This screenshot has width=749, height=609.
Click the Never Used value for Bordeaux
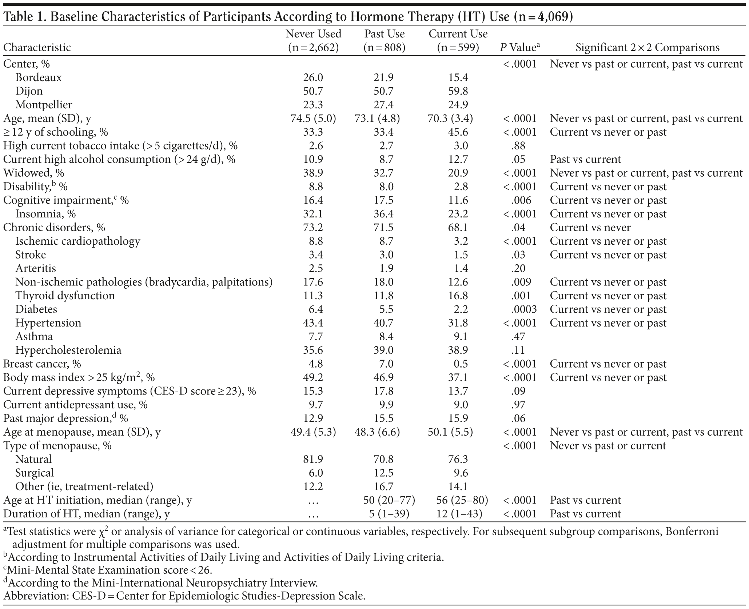point(313,77)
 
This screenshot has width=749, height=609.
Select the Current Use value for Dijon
point(458,91)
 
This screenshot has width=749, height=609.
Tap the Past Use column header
point(384,40)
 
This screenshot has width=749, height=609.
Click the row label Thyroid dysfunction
point(65,296)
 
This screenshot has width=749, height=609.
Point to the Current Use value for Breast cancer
point(458,364)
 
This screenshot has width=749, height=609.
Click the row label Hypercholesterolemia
point(68,350)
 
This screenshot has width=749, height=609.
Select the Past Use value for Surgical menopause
point(384,473)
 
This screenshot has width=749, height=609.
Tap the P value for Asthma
point(518,337)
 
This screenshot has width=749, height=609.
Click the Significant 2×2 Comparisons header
point(647,48)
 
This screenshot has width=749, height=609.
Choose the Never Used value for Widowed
point(313,173)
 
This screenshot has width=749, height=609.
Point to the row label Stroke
point(31,255)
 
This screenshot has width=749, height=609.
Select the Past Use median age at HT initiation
point(384,500)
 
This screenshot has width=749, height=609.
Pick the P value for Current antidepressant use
point(518,405)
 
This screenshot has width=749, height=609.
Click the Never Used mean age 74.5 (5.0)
point(313,119)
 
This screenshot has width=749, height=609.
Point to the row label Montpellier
point(44,105)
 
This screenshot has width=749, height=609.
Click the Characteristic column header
point(37,48)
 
